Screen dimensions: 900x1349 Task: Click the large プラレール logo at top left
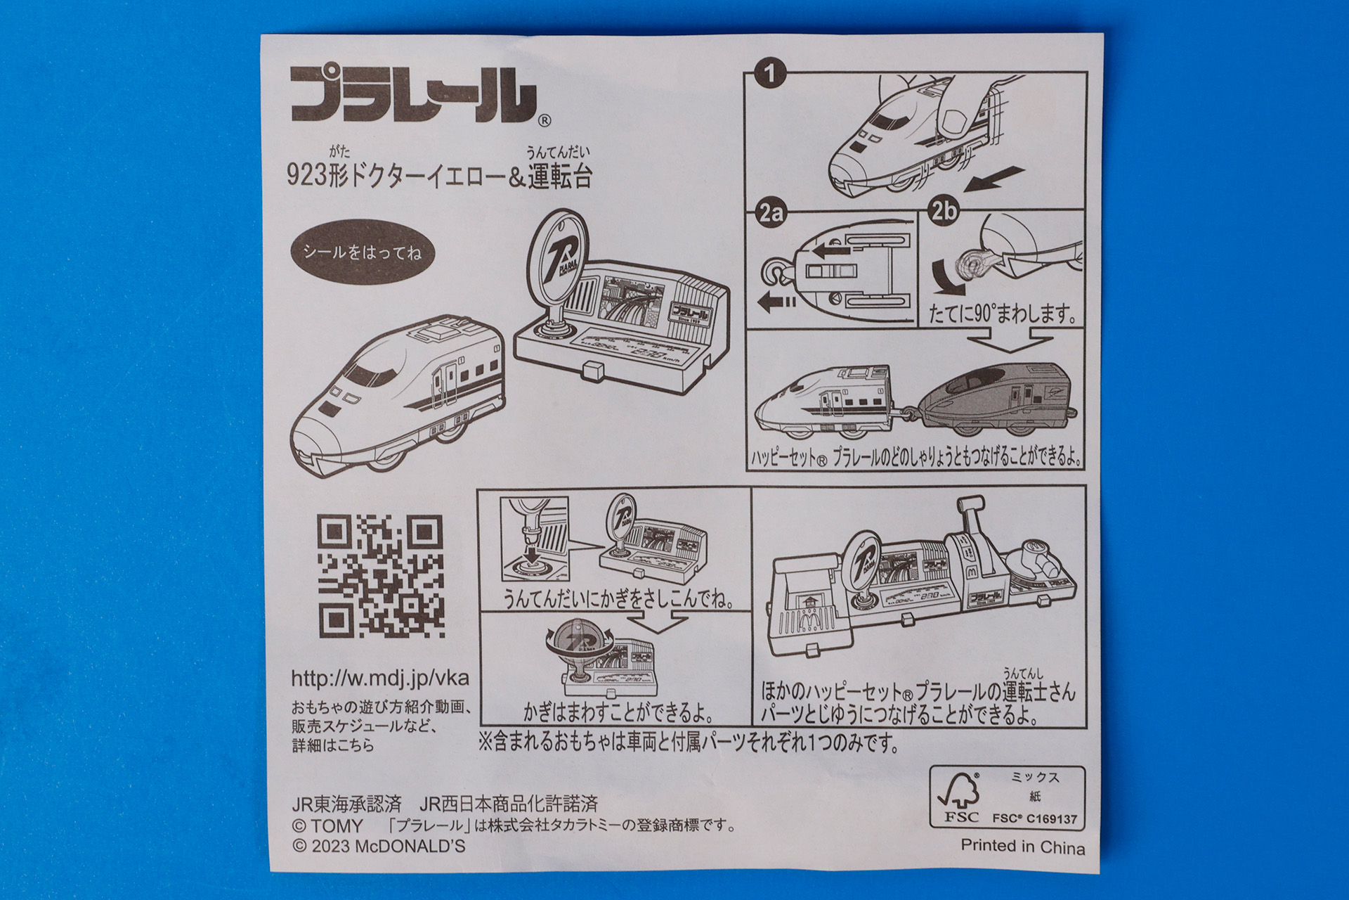[x=415, y=95]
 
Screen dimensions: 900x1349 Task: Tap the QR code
[x=380, y=576]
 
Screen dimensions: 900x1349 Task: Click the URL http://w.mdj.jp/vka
[x=380, y=679]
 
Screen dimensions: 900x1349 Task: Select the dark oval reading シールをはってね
[x=363, y=252]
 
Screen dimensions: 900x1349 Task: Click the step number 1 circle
[x=769, y=74]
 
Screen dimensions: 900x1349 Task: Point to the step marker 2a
[x=771, y=212]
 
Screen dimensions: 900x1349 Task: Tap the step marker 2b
[x=943, y=210]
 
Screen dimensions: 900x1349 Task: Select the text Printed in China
[x=1022, y=847]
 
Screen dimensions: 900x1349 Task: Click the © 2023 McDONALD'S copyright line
[x=379, y=846]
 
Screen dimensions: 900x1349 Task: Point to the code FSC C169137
[x=1034, y=818]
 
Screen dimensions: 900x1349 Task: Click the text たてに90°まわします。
[x=1003, y=313]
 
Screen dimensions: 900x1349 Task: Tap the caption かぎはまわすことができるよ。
[x=618, y=713]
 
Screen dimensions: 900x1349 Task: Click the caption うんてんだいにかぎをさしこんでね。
[x=618, y=599]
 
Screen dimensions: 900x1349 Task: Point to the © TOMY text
[x=327, y=825]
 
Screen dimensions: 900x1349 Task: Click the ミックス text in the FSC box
[x=1035, y=778]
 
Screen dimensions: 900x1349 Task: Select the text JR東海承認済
[x=346, y=804]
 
